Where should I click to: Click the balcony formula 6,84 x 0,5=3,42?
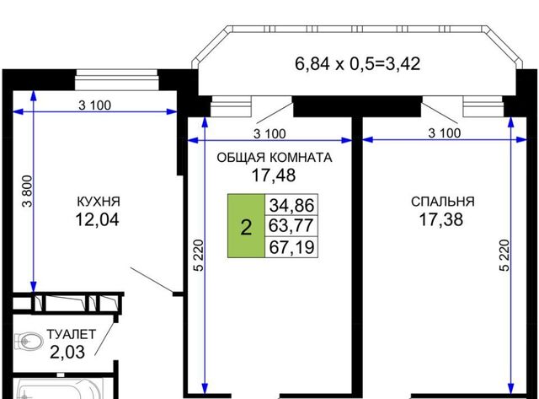click(x=357, y=64)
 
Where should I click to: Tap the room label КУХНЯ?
click(x=99, y=202)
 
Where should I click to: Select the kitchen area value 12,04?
click(x=98, y=219)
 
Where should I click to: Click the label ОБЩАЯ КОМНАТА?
click(x=275, y=158)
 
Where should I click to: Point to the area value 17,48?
click(x=274, y=175)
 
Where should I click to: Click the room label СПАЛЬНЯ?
click(x=442, y=202)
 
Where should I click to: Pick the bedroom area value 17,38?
click(x=441, y=219)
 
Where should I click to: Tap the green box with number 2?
click(x=246, y=226)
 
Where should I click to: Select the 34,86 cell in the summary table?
click(x=291, y=205)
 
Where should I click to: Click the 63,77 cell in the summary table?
click(x=291, y=226)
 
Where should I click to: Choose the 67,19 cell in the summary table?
click(x=291, y=247)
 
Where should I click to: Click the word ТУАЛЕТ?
click(x=71, y=335)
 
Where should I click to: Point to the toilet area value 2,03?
click(x=67, y=352)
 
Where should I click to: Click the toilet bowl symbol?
click(x=29, y=342)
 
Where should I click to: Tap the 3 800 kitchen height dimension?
click(x=27, y=191)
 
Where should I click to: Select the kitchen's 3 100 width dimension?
click(x=95, y=105)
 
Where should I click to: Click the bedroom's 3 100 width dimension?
click(x=445, y=133)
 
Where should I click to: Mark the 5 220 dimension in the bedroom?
click(x=504, y=256)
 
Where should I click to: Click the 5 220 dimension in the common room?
click(x=199, y=256)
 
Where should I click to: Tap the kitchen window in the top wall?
click(x=117, y=80)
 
